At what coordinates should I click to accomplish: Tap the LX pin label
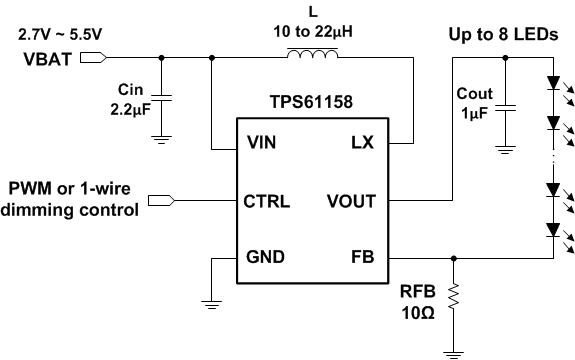(361, 143)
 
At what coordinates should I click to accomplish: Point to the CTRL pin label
(267, 201)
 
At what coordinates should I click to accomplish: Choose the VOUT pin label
(350, 201)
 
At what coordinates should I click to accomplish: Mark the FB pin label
(362, 258)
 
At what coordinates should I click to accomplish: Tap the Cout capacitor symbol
(506, 103)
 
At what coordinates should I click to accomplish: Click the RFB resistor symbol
(455, 297)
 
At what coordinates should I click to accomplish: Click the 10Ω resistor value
(414, 314)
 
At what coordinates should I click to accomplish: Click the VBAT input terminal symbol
(90, 57)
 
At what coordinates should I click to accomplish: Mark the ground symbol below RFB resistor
(455, 349)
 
